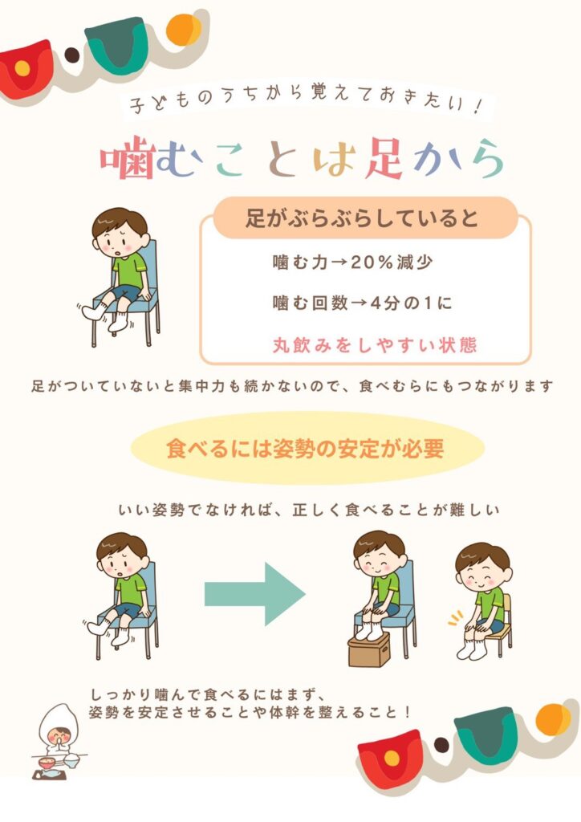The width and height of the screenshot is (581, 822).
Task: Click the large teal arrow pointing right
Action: coord(254,593)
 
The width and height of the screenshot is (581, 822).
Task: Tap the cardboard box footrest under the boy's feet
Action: coord(369,649)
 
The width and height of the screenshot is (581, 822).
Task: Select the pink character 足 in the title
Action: coord(384,158)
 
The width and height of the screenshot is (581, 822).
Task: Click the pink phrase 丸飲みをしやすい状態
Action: coord(375,345)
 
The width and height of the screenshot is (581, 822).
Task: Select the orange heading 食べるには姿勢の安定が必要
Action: coord(306,449)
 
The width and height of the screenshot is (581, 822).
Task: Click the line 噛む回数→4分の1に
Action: coord(362,303)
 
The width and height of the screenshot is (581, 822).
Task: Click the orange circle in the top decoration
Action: coord(183,30)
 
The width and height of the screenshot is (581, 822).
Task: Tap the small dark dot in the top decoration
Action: coord(71,55)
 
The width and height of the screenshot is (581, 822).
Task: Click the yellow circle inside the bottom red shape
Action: coord(392,758)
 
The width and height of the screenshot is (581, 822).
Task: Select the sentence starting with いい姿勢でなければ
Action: coord(309,510)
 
